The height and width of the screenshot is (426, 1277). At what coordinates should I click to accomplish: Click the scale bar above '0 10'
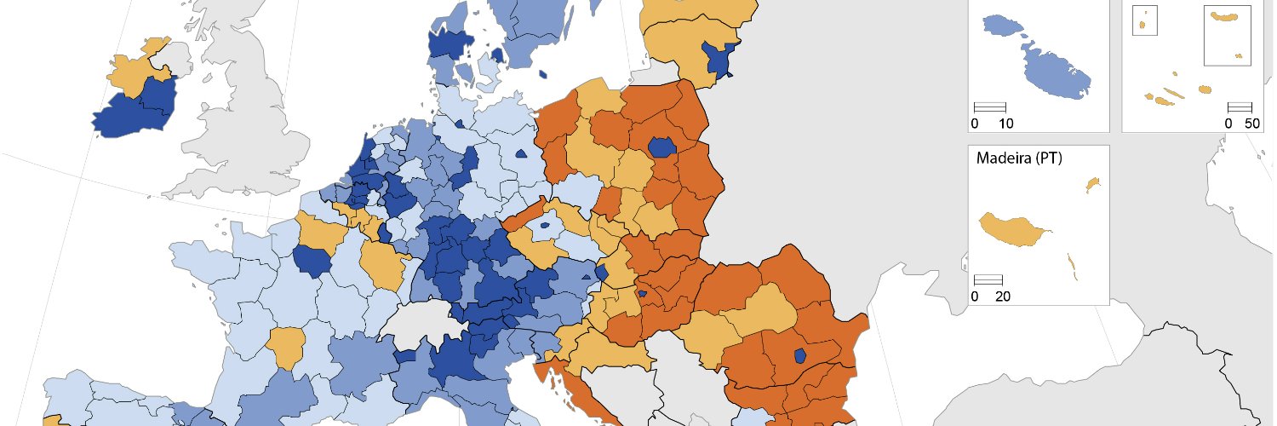(989, 107)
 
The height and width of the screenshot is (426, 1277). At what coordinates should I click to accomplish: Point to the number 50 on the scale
(1251, 124)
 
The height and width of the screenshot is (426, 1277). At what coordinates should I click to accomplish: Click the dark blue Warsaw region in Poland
(661, 147)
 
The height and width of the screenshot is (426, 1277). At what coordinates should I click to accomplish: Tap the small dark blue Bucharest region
(799, 355)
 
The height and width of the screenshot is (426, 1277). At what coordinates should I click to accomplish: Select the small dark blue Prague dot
(543, 227)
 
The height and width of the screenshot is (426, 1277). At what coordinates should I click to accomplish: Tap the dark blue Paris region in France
(312, 261)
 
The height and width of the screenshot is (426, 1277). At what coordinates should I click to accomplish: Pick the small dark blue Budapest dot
(642, 294)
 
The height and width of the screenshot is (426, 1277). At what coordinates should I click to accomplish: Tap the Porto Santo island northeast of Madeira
(1093, 184)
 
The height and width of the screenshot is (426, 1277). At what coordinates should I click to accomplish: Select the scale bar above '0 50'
(1240, 107)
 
